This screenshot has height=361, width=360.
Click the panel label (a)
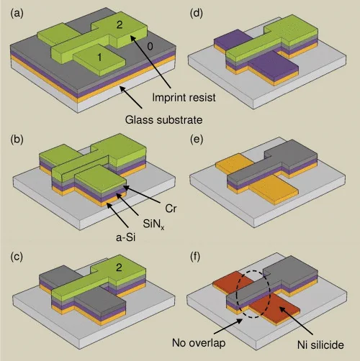click(17, 14)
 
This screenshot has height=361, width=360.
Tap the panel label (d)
click(197, 14)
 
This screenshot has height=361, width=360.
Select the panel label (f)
click(195, 257)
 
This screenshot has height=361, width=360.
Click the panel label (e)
click(197, 140)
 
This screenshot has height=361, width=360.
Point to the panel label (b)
click(17, 140)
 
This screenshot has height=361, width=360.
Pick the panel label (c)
click(17, 257)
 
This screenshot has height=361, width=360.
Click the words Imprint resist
click(184, 98)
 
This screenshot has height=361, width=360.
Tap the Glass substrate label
click(163, 120)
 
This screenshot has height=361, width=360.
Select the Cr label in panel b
click(171, 209)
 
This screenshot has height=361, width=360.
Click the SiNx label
click(153, 224)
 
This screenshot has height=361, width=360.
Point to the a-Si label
click(126, 237)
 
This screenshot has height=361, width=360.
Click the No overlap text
click(199, 343)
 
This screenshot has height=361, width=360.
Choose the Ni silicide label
click(320, 345)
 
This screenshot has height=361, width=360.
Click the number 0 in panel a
click(150, 47)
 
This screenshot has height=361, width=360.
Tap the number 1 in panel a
click(99, 58)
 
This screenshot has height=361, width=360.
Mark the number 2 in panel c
click(119, 268)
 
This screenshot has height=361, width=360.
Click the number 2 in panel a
click(120, 25)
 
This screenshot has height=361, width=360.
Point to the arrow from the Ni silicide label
click(296, 321)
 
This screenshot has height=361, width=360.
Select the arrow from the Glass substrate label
click(131, 97)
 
